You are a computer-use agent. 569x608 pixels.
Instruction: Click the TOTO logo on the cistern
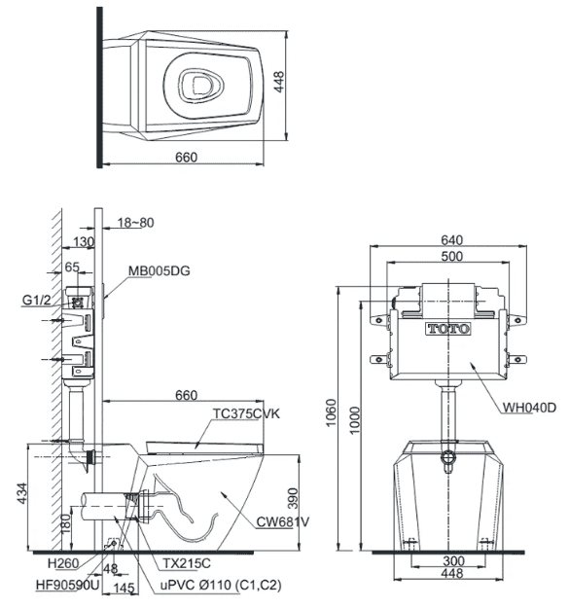448,329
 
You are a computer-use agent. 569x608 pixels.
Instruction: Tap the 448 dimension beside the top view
279,82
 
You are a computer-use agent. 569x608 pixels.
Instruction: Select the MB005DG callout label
160,270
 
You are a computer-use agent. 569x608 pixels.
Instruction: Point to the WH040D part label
529,408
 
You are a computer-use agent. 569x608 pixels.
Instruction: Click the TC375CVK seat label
246,413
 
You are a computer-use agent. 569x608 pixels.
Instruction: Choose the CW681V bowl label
283,522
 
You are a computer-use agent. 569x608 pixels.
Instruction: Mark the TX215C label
187,563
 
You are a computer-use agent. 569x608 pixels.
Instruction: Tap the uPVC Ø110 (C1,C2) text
221,585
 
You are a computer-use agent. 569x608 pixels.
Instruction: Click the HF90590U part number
68,585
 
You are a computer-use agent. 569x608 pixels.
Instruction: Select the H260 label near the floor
63,563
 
